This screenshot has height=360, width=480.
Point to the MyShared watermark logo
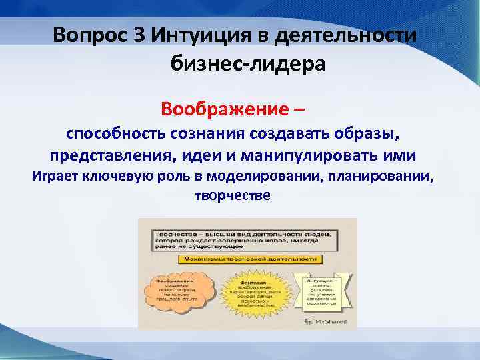(x=328, y=321)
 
